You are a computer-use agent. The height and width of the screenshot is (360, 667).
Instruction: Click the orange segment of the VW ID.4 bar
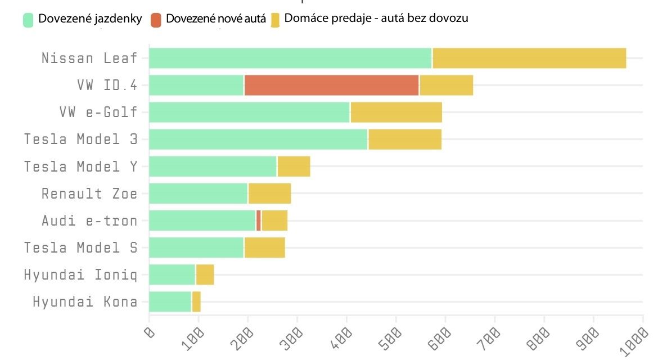click(331, 85)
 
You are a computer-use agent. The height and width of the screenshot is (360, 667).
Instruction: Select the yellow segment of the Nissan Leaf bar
click(529, 58)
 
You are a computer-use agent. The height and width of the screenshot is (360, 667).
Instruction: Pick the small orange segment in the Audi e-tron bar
click(259, 220)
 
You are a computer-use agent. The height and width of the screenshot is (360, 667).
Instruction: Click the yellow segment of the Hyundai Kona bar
click(196, 301)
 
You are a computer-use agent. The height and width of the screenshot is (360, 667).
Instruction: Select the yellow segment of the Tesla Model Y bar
click(294, 166)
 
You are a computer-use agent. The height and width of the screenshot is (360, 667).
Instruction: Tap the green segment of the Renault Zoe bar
click(198, 193)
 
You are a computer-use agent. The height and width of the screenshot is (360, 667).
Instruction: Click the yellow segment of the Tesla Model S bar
click(264, 247)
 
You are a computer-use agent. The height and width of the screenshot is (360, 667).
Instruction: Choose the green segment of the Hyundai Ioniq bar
click(172, 274)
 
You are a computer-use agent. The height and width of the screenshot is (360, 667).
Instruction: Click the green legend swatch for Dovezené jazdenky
click(29, 20)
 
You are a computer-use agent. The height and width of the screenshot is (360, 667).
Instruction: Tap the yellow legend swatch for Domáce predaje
click(276, 20)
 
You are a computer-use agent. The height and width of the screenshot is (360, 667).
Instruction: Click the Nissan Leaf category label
click(89, 58)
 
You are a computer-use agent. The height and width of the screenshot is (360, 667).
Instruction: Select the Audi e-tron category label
click(89, 220)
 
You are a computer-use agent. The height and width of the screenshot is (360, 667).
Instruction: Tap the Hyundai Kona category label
click(85, 301)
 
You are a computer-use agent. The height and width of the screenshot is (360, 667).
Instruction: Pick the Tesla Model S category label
click(80, 247)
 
